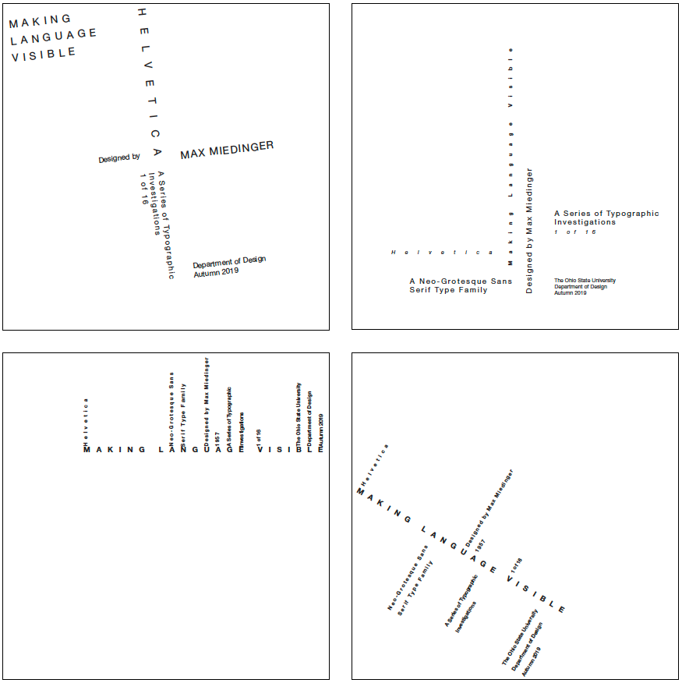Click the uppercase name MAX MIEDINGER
tap(227, 150)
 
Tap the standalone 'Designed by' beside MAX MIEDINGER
tap(119, 158)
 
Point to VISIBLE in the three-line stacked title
tap(44, 54)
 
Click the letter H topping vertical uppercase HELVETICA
tap(141, 12)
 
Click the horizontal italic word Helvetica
tap(442, 252)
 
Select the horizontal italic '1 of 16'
tap(575, 232)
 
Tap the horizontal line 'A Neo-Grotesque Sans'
tap(461, 281)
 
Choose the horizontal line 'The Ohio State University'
tap(585, 280)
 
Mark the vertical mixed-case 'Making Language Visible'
tap(511, 156)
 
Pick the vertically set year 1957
tap(217, 437)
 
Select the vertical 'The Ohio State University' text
tap(298, 413)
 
